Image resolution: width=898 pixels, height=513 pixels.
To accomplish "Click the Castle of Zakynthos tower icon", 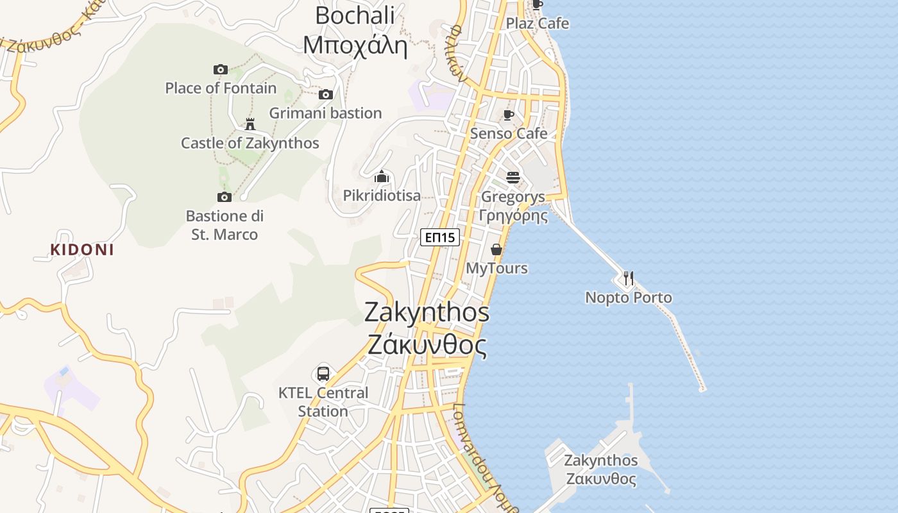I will click(x=250, y=124).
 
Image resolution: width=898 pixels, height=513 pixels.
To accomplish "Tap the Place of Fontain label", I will click(x=221, y=88).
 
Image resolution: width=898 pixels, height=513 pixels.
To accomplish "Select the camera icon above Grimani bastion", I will click(x=326, y=95).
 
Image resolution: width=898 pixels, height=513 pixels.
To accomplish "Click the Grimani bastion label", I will click(x=325, y=113).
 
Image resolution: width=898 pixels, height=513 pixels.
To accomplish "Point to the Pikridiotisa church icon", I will click(x=382, y=176).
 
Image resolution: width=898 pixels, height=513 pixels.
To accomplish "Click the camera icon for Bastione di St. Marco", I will click(x=224, y=197).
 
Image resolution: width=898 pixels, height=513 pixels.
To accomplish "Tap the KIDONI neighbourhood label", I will click(x=82, y=250).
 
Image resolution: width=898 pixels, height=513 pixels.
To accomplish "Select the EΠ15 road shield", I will click(x=441, y=237).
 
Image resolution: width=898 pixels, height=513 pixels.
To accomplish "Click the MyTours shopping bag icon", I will click(x=496, y=249).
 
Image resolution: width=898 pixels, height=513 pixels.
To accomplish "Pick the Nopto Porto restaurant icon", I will click(x=629, y=278).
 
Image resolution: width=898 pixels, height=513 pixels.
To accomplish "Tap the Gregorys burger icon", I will click(x=513, y=177).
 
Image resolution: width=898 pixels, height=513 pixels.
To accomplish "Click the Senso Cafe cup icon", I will click(x=509, y=115).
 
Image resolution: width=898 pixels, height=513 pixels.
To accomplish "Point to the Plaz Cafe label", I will click(x=538, y=24).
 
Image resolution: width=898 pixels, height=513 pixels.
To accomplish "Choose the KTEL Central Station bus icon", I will click(x=323, y=373).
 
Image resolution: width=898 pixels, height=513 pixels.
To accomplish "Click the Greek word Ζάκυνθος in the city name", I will click(x=427, y=345).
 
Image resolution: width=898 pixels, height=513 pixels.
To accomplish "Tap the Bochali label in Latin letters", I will click(x=355, y=15).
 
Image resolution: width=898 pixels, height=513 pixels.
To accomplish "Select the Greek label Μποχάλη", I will click(x=355, y=46).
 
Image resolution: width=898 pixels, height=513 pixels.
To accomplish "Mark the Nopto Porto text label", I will click(x=629, y=298).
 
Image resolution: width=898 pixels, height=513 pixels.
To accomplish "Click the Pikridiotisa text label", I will click(x=382, y=196).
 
